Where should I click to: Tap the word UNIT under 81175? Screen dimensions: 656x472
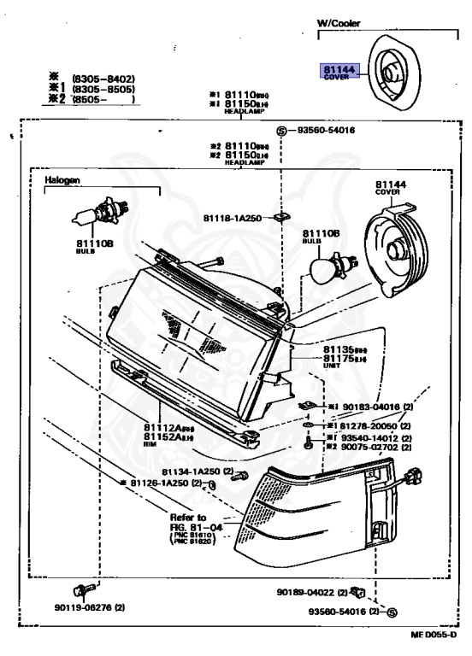(333, 364)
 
